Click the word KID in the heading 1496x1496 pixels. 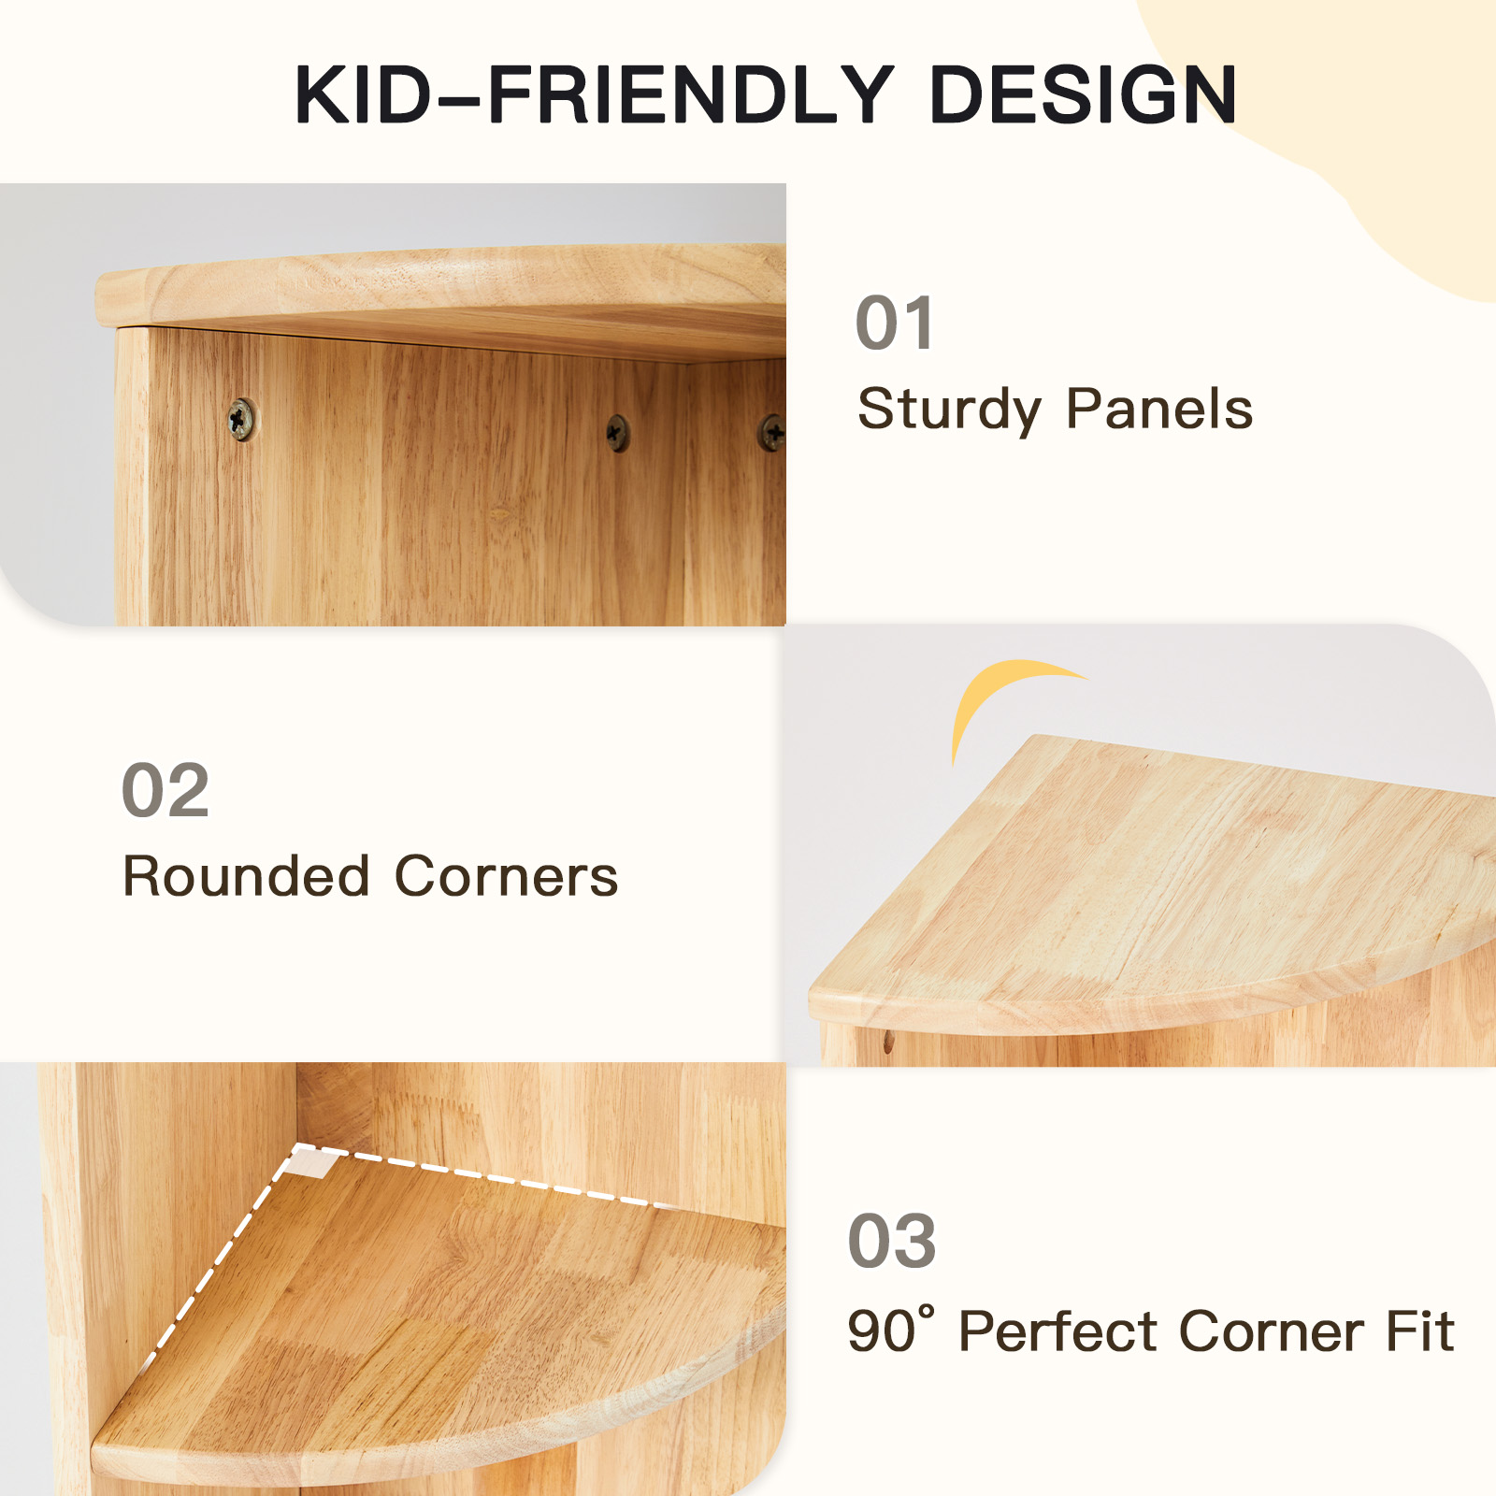(x=364, y=94)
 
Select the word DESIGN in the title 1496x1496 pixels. (x=1084, y=94)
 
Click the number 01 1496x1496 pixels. (x=895, y=323)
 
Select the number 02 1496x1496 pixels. (x=165, y=790)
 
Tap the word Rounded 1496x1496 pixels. (x=246, y=876)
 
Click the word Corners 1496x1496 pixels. (x=506, y=876)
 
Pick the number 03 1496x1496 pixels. (x=892, y=1241)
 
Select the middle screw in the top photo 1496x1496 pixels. (x=617, y=432)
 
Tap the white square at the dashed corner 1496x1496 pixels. (x=311, y=1162)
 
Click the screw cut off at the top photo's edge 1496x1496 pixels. (x=772, y=432)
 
